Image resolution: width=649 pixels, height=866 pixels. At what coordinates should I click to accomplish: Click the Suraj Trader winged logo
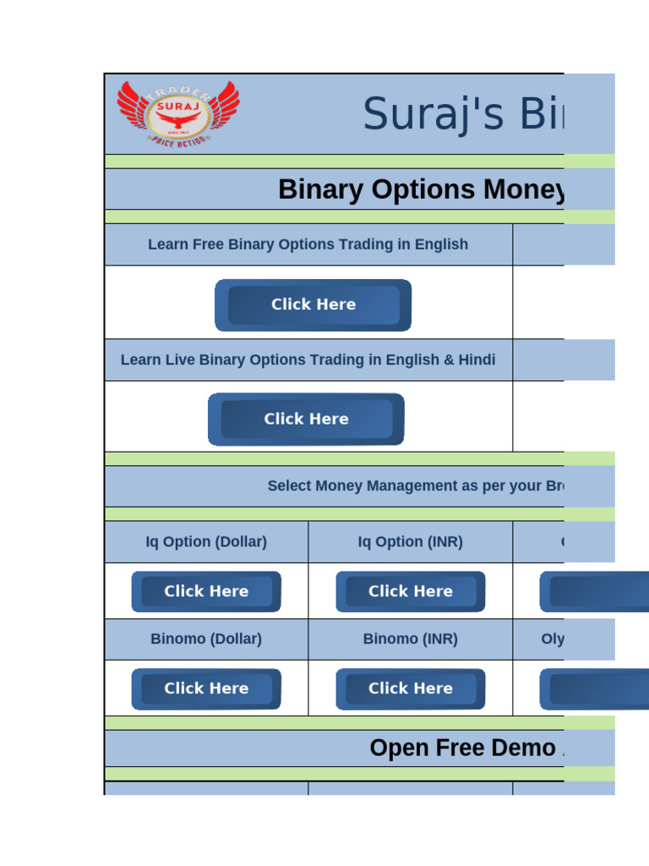pyautogui.click(x=177, y=114)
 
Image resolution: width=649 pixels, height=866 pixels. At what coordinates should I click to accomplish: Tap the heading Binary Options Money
pyautogui.click(x=421, y=189)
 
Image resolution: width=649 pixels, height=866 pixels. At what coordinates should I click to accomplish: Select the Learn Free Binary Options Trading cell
pyautogui.click(x=308, y=244)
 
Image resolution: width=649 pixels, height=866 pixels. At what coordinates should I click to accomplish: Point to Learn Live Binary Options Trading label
pyautogui.click(x=308, y=359)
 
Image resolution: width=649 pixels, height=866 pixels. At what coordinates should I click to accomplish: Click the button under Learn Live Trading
pyautogui.click(x=306, y=419)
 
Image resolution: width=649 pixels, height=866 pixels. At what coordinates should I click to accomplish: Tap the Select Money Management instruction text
pyautogui.click(x=416, y=486)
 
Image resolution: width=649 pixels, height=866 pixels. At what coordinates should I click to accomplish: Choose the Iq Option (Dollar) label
pyautogui.click(x=206, y=542)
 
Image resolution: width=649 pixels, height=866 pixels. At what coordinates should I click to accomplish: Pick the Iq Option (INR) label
pyautogui.click(x=410, y=542)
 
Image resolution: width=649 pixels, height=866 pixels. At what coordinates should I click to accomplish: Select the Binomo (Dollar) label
pyautogui.click(x=206, y=639)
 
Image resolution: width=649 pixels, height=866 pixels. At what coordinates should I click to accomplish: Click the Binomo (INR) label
pyautogui.click(x=410, y=639)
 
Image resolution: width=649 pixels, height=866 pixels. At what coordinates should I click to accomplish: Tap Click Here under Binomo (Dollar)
pyautogui.click(x=206, y=688)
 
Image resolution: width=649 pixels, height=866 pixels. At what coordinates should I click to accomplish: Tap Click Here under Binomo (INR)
pyautogui.click(x=410, y=688)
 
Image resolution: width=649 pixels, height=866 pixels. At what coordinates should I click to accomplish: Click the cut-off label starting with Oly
pyautogui.click(x=553, y=639)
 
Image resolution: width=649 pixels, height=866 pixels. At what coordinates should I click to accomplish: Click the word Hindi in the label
pyautogui.click(x=477, y=359)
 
